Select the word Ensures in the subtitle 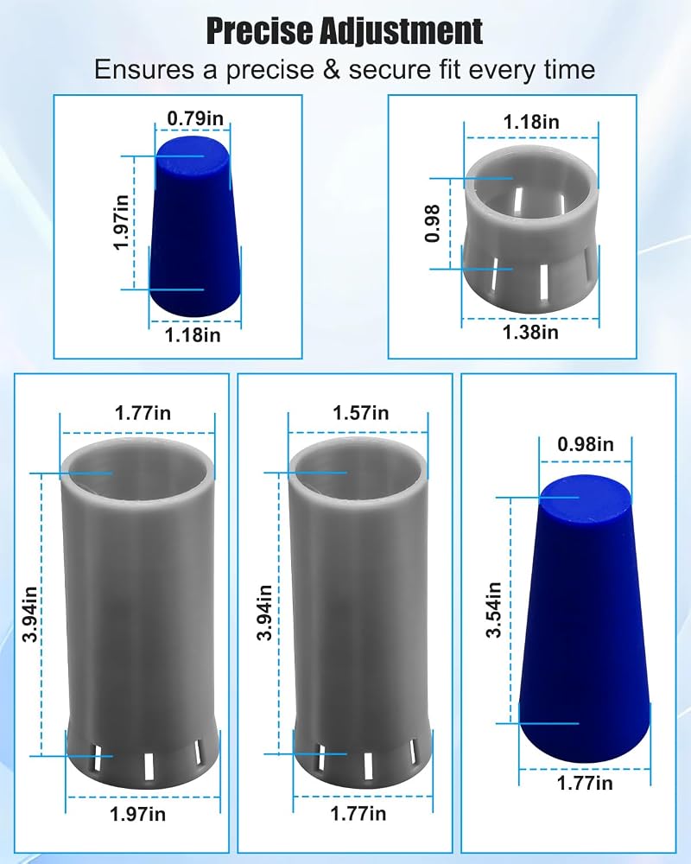(x=144, y=70)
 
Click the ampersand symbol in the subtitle (x=331, y=70)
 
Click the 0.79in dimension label (x=195, y=118)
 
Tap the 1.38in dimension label (x=530, y=333)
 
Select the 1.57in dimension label (x=360, y=413)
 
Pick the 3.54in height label (x=494, y=609)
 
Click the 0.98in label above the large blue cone (x=586, y=444)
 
